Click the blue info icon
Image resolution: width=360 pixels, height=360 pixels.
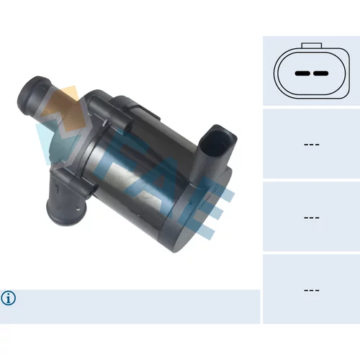pos(9,298)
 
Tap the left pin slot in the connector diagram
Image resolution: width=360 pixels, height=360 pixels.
pos(302,73)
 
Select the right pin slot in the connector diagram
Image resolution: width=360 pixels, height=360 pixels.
pos(320,73)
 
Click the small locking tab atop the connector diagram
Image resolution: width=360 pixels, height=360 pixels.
pos(312,45)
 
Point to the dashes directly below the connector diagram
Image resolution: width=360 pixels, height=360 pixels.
pos(312,145)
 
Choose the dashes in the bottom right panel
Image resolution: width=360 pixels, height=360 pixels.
pos(312,290)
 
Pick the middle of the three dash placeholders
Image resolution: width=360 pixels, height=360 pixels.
pos(312,217)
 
